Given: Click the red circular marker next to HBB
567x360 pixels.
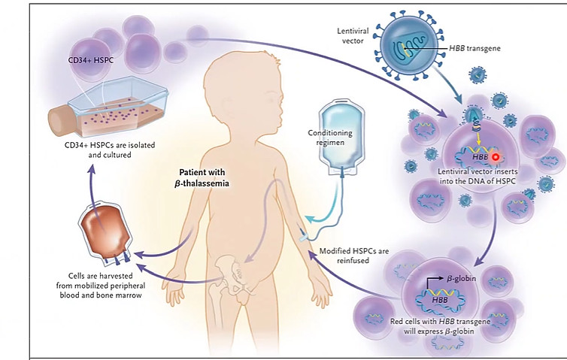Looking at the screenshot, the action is (496, 157).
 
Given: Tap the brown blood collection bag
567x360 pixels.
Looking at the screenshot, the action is (105, 231).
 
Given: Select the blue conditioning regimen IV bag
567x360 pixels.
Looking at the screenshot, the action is (341, 137).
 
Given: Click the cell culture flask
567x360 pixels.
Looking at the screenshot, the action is (108, 107).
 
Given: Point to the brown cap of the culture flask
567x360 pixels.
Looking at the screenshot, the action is (58, 121).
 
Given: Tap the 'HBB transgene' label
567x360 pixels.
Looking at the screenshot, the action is (475, 48).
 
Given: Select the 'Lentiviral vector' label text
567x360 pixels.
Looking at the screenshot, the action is (353, 36).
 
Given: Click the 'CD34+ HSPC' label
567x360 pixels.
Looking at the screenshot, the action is (91, 60).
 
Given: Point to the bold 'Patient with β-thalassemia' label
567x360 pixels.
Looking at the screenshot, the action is (202, 178).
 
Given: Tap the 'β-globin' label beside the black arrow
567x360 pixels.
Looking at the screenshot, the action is (462, 279).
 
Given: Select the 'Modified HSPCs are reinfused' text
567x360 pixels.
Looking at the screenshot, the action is (353, 256).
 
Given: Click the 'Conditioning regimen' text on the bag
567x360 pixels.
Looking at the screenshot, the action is (330, 138).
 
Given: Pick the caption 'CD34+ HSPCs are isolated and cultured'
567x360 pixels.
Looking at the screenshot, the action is (110, 150).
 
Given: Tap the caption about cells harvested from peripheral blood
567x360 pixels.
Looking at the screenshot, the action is (101, 286).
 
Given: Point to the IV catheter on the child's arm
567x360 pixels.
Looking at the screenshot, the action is (303, 237).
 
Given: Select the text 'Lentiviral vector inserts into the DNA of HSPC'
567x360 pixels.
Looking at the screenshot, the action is (478, 177).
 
